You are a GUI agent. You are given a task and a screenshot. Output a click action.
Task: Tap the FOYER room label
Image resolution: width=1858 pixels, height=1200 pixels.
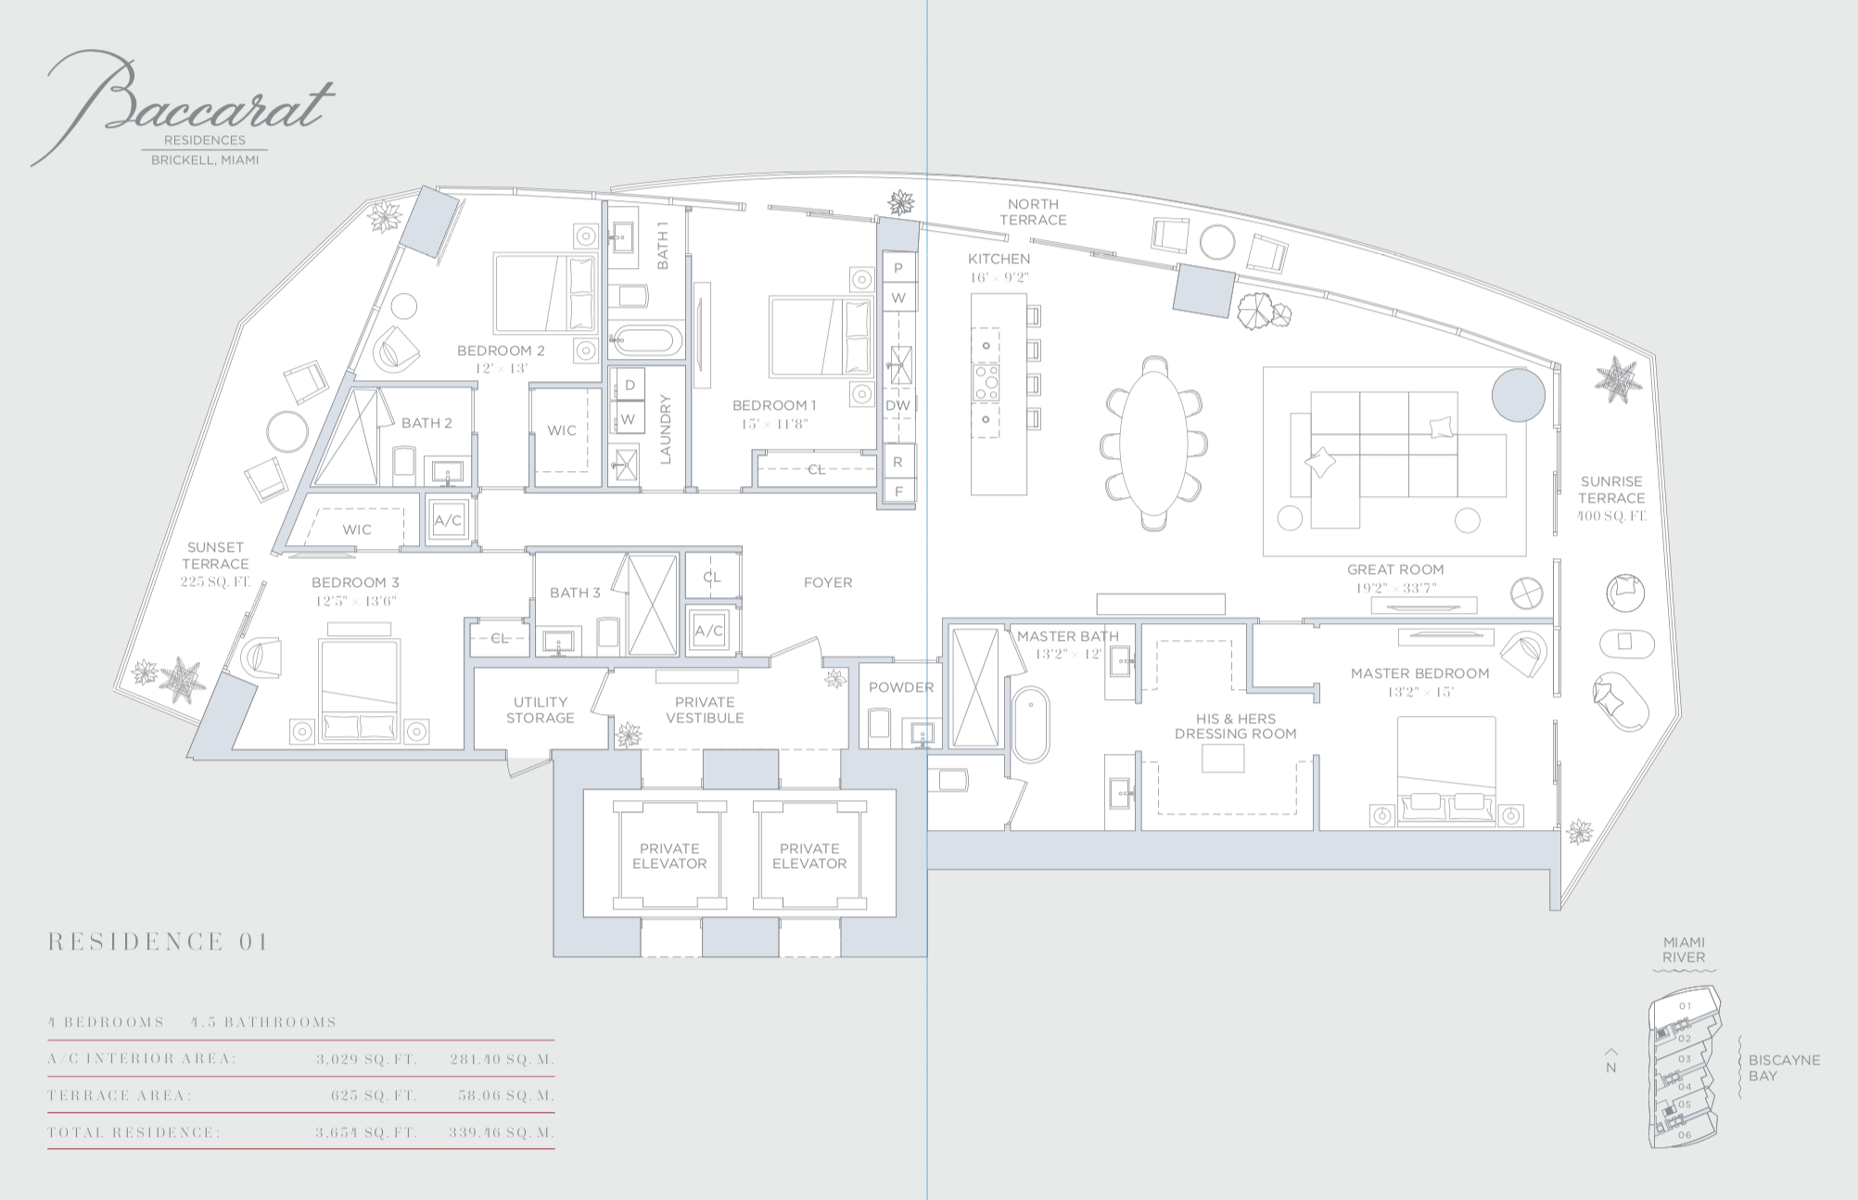pos(828,582)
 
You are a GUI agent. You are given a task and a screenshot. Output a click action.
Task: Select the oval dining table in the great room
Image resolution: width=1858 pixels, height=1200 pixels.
pos(1154,443)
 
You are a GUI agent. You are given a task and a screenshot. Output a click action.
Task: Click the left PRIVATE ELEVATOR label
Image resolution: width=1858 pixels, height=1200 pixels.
pos(669,856)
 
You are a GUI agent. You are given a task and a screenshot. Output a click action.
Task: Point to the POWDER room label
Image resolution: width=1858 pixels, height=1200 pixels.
pos(901,687)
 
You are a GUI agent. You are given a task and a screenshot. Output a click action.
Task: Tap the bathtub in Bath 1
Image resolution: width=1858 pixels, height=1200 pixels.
pos(647,340)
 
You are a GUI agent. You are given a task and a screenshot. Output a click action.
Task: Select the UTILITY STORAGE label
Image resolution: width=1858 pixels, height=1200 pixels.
pos(541,709)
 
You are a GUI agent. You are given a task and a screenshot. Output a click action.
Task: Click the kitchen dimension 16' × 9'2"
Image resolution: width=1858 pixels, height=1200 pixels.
pos(999,277)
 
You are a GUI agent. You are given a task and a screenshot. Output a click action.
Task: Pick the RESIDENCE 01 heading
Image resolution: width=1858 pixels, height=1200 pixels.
pos(159,942)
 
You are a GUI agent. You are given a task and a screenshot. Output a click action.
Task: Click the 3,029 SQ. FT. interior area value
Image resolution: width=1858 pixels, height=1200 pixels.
pos(366,1059)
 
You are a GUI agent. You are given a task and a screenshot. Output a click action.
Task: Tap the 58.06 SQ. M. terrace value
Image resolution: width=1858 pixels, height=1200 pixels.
pos(506,1096)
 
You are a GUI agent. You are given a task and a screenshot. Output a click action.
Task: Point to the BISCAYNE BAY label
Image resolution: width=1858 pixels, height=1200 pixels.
pos(1784,1067)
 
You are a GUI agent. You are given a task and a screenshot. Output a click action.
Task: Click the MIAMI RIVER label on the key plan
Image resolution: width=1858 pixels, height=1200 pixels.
pos(1684,950)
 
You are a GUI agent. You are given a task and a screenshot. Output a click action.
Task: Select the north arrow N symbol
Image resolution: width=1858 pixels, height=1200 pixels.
pos(1611,1062)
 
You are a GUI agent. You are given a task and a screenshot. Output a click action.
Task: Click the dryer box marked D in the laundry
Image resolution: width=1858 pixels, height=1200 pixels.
pos(629,385)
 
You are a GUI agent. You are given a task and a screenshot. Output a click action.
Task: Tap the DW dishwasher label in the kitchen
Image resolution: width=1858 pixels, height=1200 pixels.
pos(897,405)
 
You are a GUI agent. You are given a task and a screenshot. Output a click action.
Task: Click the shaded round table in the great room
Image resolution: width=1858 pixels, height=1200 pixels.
pos(1518,395)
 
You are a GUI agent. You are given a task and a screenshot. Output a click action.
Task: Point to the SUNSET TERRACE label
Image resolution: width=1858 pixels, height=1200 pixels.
pos(215,555)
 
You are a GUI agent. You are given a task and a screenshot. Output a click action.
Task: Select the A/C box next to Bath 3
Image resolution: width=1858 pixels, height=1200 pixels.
pos(709,631)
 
